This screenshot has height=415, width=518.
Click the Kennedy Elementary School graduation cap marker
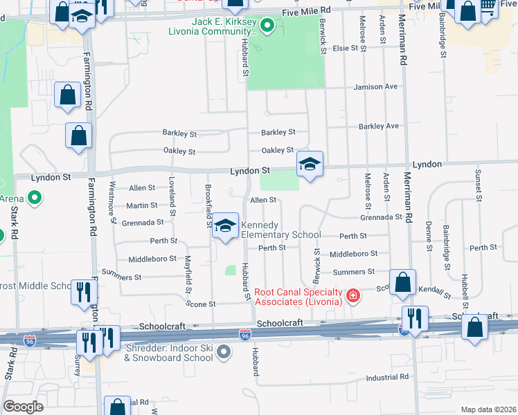tap(225, 226)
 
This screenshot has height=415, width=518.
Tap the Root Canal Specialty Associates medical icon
tap(353, 296)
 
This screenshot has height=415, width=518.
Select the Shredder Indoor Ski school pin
tap(223, 352)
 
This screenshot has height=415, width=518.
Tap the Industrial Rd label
tap(387, 377)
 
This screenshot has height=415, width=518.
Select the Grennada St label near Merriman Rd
tap(381, 217)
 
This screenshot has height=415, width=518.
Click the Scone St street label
tap(202, 304)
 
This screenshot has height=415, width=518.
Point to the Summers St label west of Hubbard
tap(121, 277)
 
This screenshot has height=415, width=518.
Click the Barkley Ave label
tap(378, 127)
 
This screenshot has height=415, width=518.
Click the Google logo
tap(23, 406)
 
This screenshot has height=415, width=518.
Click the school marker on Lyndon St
tap(310, 165)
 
